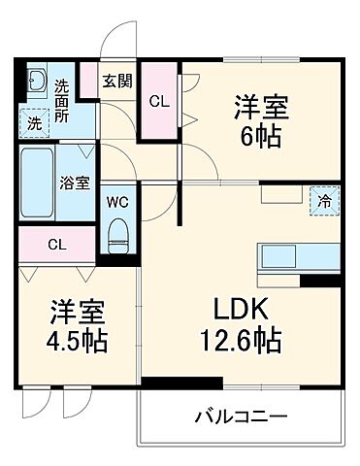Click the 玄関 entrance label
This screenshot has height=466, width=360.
point(118,81)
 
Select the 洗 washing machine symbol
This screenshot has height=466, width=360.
point(34,122)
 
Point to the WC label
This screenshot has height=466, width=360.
point(115,202)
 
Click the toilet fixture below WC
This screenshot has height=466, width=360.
point(117,233)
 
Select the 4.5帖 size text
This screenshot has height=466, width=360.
point(80,342)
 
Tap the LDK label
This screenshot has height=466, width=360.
point(243,313)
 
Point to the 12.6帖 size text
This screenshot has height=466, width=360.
point(243,342)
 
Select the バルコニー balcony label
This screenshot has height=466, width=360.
point(242,418)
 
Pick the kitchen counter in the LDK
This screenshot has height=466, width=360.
point(296,259)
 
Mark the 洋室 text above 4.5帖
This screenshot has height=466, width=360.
point(80,313)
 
